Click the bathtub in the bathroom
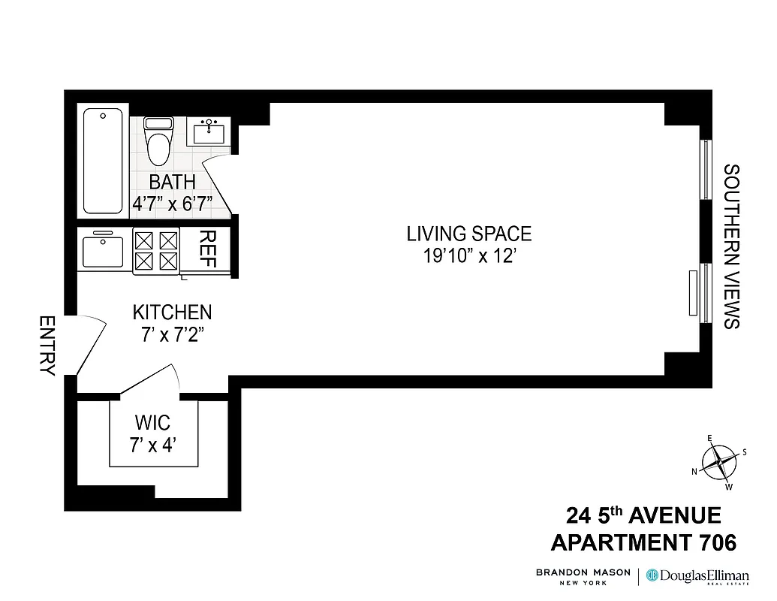(103, 161)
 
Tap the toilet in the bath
(158, 142)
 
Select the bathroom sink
(208, 132)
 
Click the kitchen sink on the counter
(103, 251)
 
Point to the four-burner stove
(156, 251)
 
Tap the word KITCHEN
(172, 312)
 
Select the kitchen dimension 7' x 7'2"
(172, 334)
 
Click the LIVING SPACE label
(468, 234)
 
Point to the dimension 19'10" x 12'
(468, 256)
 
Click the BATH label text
(172, 182)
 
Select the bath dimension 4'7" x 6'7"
(172, 204)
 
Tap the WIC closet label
(152, 423)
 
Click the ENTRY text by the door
(47, 346)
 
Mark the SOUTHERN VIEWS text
(731, 246)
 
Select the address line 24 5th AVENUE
(643, 516)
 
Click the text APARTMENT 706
(643, 542)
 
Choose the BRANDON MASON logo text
(583, 576)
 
